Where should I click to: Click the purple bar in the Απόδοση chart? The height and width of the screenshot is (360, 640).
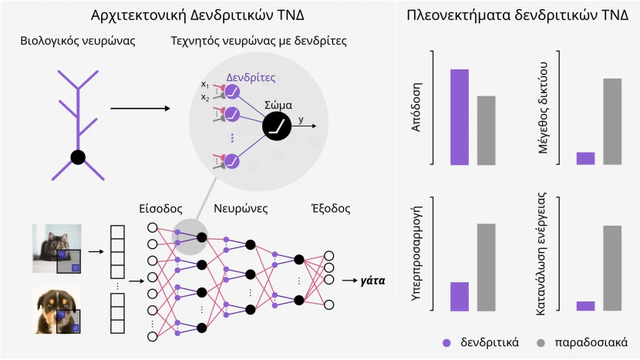[x=460, y=117]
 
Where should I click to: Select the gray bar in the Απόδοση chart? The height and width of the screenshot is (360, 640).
[x=486, y=130]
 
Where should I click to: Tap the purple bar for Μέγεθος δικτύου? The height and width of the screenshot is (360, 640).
[x=585, y=158]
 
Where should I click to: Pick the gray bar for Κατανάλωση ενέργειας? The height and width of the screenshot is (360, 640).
[x=612, y=268]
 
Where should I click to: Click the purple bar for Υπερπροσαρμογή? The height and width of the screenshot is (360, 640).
[x=460, y=297]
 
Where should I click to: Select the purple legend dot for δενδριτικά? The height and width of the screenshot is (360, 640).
[x=446, y=343]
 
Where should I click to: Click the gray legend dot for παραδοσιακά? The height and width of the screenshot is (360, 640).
[x=541, y=343]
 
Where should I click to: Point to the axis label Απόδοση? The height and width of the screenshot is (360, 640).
[x=416, y=107]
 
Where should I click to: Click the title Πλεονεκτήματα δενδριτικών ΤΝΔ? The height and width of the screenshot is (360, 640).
[x=517, y=15]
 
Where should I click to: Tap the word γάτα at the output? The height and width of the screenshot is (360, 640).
[x=372, y=281]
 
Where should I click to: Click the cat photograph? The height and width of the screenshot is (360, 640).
[x=57, y=248]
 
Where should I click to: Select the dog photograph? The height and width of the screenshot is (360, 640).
[x=57, y=310]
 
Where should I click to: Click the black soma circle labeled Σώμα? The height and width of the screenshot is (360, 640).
[x=277, y=126]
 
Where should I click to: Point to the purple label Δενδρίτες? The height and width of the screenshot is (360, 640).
[x=251, y=78]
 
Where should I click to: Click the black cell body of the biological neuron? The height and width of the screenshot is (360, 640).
[x=78, y=157]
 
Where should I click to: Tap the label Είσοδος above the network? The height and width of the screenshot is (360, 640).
[x=160, y=209]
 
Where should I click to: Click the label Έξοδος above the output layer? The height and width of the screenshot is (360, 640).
[x=331, y=209]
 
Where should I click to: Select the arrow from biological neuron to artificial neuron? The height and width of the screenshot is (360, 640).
[x=140, y=108]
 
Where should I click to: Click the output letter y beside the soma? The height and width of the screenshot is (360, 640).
[x=301, y=119]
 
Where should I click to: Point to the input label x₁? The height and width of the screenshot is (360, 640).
[x=205, y=85]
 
